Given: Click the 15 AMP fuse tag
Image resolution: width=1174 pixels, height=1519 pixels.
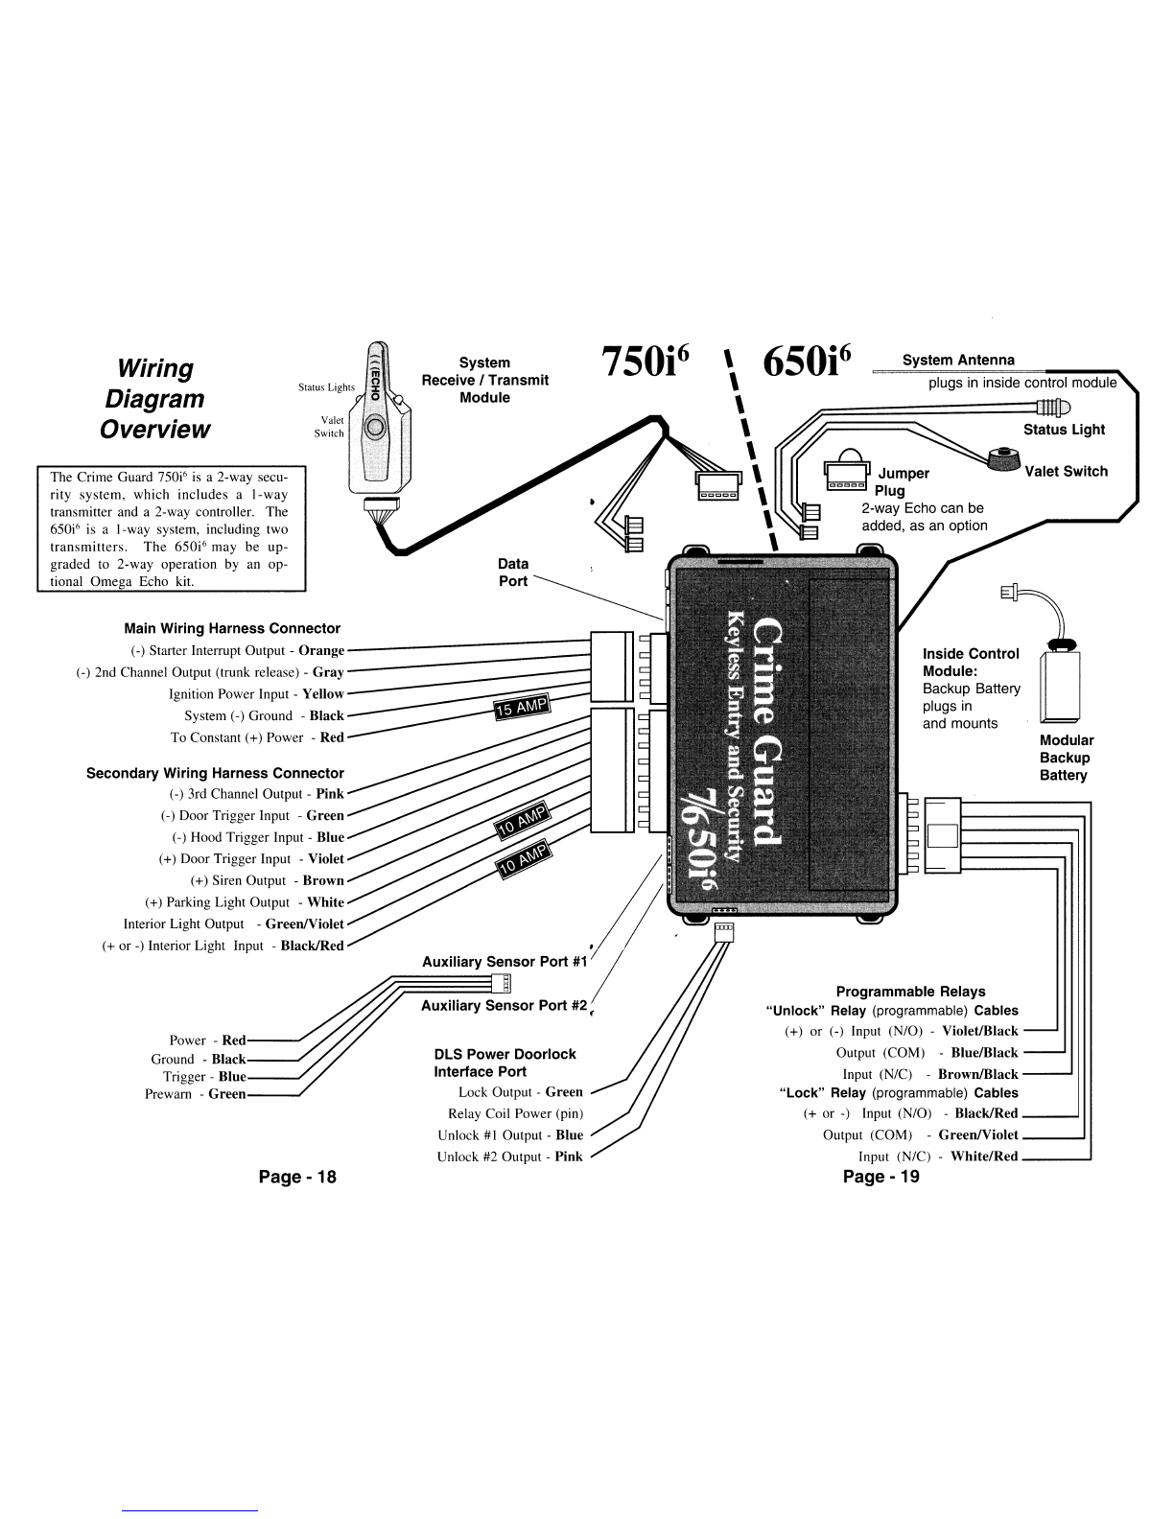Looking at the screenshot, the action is coord(523,707).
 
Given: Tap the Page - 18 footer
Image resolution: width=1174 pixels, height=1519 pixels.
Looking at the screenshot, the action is coord(297,1178).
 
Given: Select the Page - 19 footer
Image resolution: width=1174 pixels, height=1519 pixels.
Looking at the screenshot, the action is coord(881,1178).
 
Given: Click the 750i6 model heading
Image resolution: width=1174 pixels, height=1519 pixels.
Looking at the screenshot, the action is coord(646,362).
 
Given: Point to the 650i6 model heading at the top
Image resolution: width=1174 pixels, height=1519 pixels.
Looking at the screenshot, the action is coord(807,362).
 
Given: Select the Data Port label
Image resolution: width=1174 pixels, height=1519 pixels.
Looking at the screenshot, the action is coord(513,573).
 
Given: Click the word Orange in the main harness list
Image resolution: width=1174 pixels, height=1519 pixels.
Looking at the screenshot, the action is coord(321,651).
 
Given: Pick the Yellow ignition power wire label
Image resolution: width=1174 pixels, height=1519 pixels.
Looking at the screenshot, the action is coord(323,694).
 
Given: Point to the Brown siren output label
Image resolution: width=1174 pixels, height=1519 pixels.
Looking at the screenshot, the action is coord(324,880).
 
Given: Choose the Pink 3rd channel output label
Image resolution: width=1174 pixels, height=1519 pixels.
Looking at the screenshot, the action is coord(330,794).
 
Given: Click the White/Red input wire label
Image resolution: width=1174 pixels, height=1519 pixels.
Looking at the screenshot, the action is coord(984,1157).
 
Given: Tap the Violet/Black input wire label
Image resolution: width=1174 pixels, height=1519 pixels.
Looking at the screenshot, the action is coord(979,1031).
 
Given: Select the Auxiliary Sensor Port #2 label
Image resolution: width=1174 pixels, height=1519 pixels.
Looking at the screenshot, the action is coord(505,1006).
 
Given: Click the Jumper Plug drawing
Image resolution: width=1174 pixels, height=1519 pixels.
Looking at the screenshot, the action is coord(847,469).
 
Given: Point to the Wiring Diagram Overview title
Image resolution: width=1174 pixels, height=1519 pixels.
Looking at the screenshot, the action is coord(154,398).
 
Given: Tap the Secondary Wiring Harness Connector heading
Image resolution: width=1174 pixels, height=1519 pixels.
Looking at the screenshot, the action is coord(216,773).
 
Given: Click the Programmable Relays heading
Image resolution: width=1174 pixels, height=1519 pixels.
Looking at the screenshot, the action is coord(910,992).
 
